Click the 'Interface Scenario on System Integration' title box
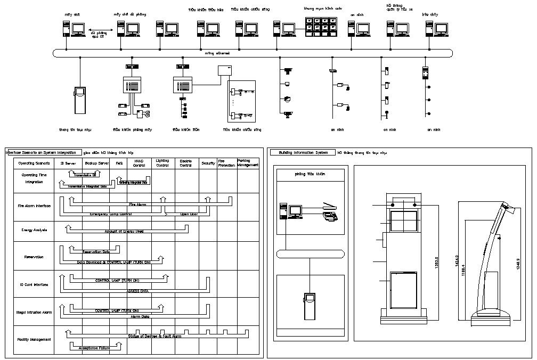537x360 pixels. point(44,152)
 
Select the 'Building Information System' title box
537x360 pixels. point(303,152)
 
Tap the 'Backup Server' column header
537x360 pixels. point(96,163)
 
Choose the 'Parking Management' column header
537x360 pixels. point(248,163)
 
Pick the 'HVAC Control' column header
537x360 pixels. point(139,163)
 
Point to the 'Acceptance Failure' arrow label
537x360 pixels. point(95,348)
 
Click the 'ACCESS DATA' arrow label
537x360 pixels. point(137,291)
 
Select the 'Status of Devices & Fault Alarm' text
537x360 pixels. point(154,336)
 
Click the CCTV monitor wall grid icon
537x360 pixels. point(321,26)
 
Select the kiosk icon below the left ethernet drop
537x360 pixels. point(80,100)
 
